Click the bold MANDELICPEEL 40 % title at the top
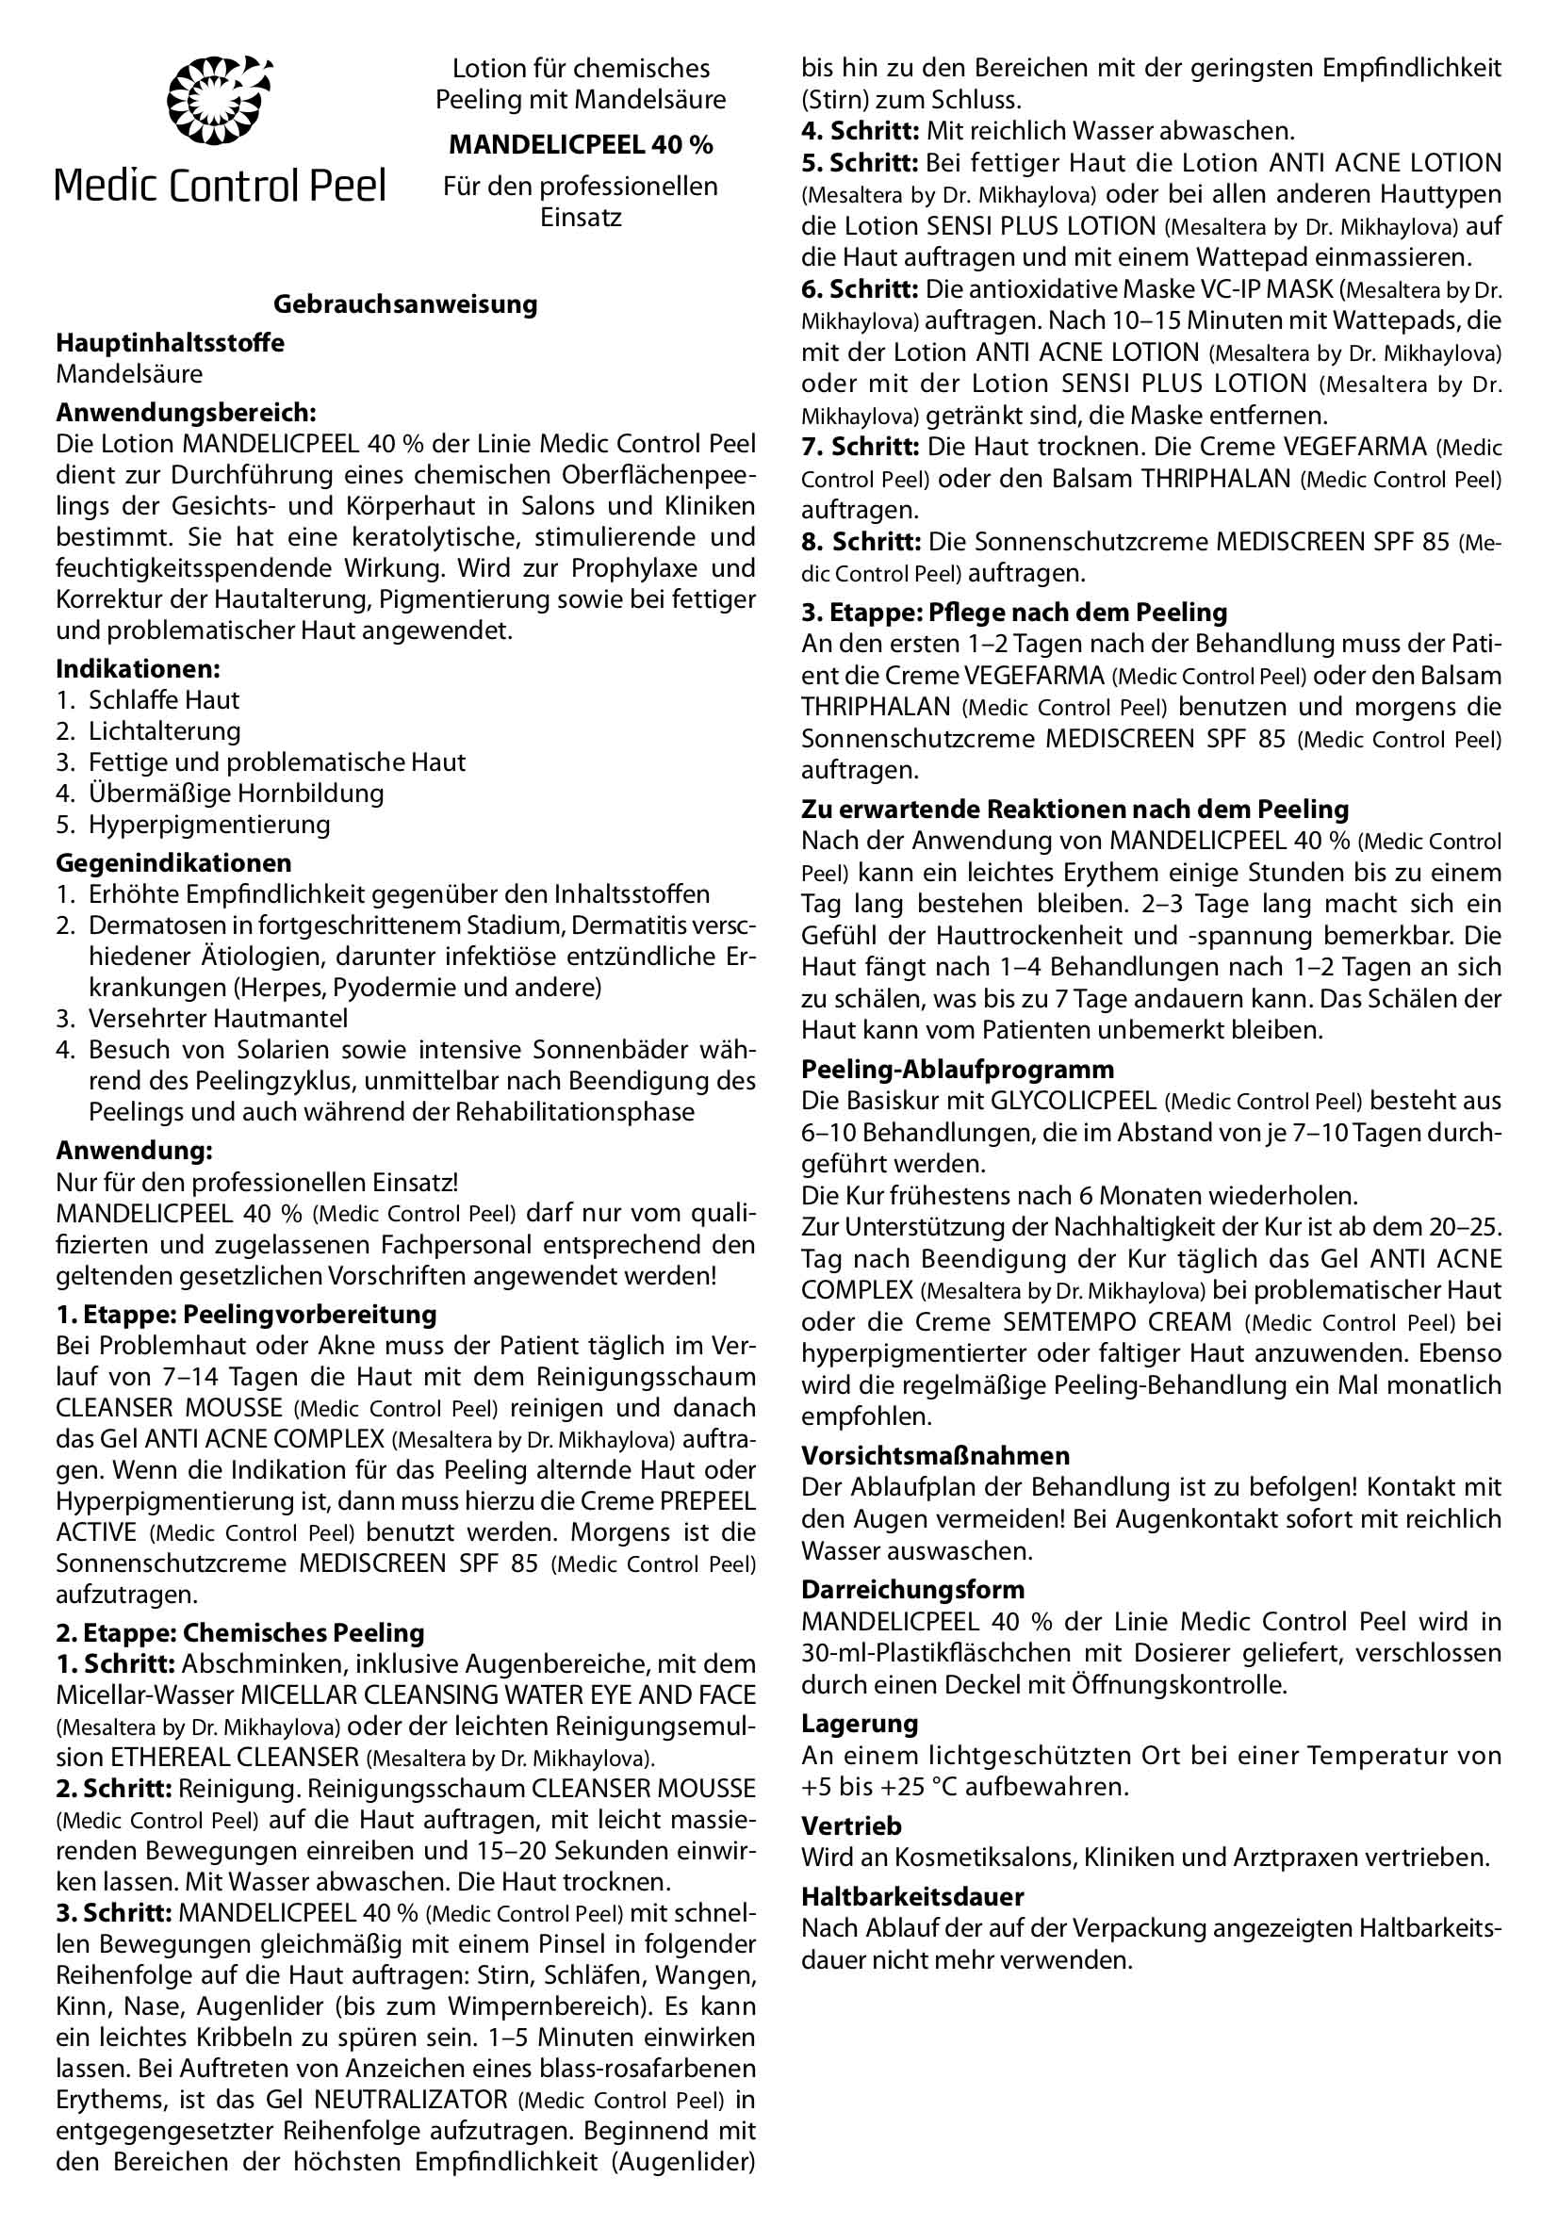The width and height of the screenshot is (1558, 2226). [x=580, y=145]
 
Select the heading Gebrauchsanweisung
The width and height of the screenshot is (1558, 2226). [x=405, y=304]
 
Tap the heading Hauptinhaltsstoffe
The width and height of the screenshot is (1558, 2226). [x=170, y=343]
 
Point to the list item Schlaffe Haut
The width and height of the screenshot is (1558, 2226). [x=164, y=700]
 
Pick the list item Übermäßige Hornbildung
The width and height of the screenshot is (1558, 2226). [x=236, y=794]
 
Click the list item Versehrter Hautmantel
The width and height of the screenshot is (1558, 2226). [x=218, y=1019]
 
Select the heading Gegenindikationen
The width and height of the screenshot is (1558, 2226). [x=173, y=863]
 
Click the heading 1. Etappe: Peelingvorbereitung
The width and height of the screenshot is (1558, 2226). [x=246, y=1315]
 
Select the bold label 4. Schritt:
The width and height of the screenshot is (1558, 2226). [x=860, y=131]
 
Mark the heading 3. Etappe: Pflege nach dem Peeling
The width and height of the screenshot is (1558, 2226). [x=1014, y=613]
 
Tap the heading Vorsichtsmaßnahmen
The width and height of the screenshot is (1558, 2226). [x=936, y=1455]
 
